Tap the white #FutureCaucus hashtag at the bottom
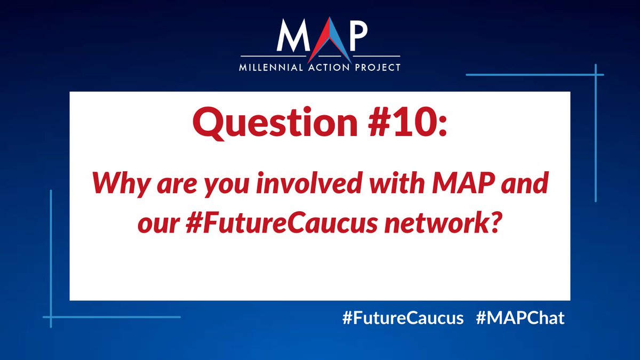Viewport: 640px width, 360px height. (x=403, y=318)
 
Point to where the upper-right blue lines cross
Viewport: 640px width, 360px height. (x=595, y=75)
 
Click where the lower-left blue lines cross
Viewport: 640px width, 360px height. (x=51, y=317)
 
